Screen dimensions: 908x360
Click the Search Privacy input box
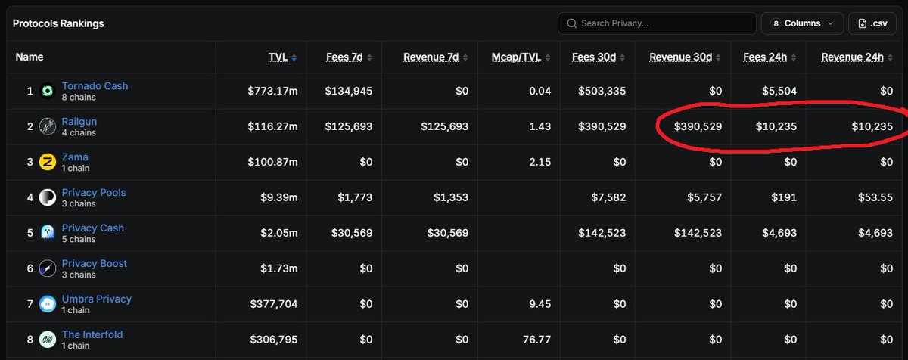[657, 23]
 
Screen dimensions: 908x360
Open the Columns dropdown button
[802, 23]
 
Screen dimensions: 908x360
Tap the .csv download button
[872, 23]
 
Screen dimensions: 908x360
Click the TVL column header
[278, 57]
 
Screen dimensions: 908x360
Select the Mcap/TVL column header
[516, 57]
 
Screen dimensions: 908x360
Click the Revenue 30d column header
[680, 57]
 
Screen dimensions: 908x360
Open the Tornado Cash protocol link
[95, 86]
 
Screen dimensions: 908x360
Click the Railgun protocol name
[79, 122]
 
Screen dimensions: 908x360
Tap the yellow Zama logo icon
[48, 162]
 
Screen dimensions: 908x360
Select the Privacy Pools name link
[94, 192]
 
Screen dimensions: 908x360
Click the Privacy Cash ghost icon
[48, 233]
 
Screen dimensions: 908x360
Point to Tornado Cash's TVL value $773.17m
[272, 91]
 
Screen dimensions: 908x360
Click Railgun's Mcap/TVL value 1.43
[540, 126]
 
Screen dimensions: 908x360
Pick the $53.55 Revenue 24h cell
[875, 197]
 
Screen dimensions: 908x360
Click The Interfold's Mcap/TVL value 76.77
[536, 340]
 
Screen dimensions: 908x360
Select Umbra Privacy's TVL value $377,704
[274, 304]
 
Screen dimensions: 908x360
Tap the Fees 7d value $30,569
[352, 233]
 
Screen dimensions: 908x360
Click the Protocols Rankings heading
[58, 23]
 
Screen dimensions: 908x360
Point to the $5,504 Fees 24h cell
[779, 91]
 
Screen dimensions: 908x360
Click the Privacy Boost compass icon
[48, 268]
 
